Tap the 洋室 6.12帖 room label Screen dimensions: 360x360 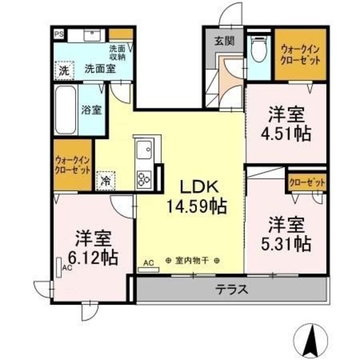point(92,248)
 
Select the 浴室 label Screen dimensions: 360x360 point(91,110)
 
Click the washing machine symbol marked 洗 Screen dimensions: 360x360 point(64,70)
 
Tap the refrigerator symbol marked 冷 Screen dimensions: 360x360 point(106,179)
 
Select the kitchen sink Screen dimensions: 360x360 point(145,149)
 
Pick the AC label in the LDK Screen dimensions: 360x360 point(148,262)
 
